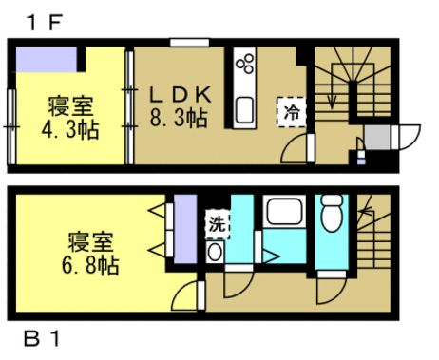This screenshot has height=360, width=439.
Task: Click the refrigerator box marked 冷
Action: click(292, 112)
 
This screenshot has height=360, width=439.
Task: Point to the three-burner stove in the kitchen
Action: click(243, 65)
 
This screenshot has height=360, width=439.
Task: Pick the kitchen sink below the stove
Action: click(243, 107)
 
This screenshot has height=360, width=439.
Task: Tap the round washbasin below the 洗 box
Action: click(215, 253)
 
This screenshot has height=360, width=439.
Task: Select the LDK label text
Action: click(183, 94)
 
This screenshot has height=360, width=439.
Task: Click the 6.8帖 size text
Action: click(93, 265)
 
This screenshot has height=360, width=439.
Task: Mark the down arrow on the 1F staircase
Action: click(333, 96)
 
